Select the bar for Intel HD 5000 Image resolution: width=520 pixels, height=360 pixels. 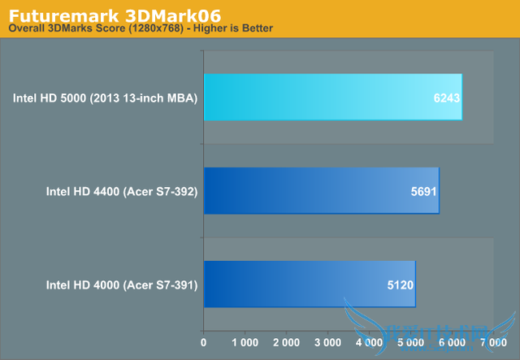coord(333,98)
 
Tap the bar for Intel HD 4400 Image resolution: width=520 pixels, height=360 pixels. coord(321,191)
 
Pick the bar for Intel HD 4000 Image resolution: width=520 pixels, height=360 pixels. coord(309,284)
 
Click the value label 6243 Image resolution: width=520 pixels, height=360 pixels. coord(446,98)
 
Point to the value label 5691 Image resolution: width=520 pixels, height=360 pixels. coord(423,191)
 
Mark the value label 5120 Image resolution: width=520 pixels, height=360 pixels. coord(400,284)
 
